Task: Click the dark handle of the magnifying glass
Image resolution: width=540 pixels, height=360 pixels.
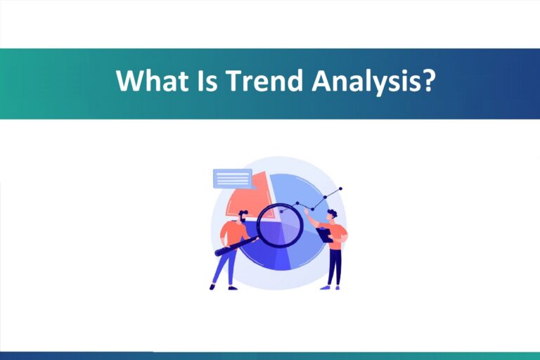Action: (x=236, y=245)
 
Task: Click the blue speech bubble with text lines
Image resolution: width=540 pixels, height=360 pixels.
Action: (x=232, y=179)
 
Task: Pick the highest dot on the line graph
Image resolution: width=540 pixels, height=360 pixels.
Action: (x=340, y=188)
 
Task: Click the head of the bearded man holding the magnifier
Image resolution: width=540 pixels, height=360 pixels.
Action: (x=243, y=215)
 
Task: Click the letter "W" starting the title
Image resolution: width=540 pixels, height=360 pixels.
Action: (x=127, y=82)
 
